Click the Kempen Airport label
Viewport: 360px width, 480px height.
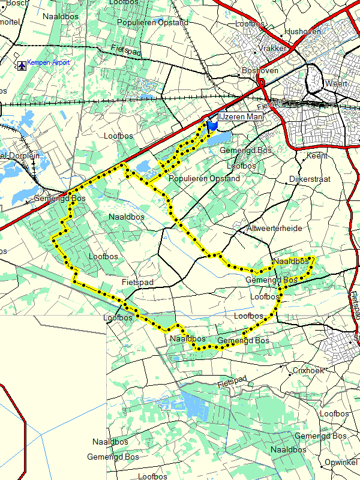(x=49, y=62)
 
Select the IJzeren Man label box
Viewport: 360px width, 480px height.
(x=241, y=117)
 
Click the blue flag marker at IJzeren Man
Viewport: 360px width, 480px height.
(x=212, y=126)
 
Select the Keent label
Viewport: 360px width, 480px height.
(x=317, y=155)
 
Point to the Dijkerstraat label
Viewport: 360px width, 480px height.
(x=310, y=179)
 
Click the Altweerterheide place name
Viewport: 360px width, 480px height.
(x=275, y=229)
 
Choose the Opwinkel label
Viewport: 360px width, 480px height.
(x=341, y=461)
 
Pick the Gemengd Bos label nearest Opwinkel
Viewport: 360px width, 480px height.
(x=320, y=436)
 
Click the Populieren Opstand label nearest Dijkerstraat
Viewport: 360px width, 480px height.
(x=204, y=179)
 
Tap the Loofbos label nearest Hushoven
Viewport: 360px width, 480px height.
(x=250, y=23)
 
